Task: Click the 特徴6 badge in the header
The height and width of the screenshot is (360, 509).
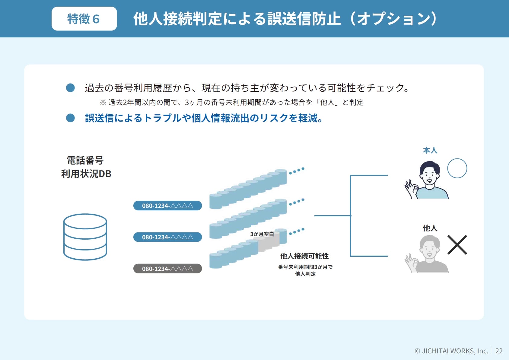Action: [x=84, y=19]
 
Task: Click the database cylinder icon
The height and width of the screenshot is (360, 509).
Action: [x=85, y=237]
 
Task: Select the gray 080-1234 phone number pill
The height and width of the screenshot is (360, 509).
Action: [x=167, y=269]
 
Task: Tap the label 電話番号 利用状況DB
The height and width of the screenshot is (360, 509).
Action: [x=86, y=167]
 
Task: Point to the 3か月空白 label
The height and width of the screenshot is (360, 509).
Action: [x=262, y=234]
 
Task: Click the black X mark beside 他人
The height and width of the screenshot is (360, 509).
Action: [x=457, y=245]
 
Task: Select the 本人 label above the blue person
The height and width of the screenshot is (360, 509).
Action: [x=430, y=150]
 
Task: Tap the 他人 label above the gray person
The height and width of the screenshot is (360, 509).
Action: [x=430, y=228]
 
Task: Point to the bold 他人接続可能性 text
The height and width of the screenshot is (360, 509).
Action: [x=304, y=256]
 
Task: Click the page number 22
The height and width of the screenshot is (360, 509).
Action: [x=499, y=351]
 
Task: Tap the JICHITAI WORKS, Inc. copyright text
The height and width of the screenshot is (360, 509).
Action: [x=451, y=351]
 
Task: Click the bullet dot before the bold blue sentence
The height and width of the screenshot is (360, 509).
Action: [x=70, y=118]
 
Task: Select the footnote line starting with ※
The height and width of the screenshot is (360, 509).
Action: [x=231, y=103]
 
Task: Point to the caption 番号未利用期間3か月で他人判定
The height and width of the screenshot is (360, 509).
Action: [x=305, y=270]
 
